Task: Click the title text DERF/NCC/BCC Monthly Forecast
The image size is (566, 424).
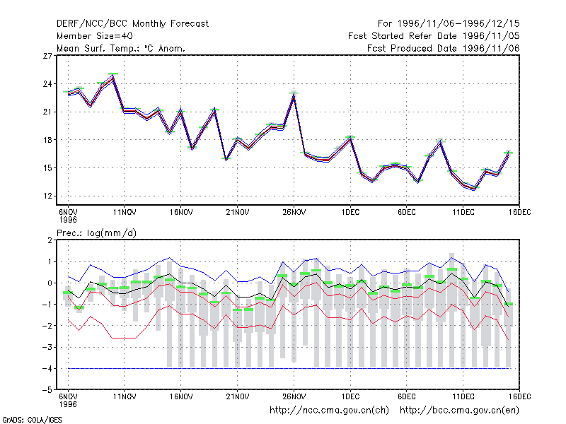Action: tap(132, 24)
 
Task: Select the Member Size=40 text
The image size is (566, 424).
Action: tap(95, 36)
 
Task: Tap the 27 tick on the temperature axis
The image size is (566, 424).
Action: tap(47, 56)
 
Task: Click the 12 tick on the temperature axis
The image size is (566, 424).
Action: tap(47, 196)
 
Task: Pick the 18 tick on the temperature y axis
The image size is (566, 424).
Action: tap(47, 140)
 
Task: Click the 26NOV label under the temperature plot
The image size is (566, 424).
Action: tap(294, 213)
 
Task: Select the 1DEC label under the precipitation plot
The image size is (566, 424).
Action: tap(350, 396)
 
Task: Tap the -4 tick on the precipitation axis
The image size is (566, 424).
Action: tap(47, 369)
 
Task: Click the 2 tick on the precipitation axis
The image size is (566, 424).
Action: tap(50, 240)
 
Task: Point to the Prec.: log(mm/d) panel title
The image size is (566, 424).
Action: tap(96, 233)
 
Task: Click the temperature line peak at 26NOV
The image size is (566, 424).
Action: tap(294, 95)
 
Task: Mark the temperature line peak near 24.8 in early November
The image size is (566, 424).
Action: tap(113, 76)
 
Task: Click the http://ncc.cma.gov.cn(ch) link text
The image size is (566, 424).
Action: tap(329, 411)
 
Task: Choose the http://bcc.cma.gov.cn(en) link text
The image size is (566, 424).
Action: tap(459, 411)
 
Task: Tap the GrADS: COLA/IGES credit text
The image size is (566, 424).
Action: tap(32, 420)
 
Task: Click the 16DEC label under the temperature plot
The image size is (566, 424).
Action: tap(520, 213)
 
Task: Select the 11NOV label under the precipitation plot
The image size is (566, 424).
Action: tap(125, 396)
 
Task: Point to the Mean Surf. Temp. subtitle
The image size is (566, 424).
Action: tap(120, 48)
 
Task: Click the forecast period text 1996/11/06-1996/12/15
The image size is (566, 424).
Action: tap(458, 24)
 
